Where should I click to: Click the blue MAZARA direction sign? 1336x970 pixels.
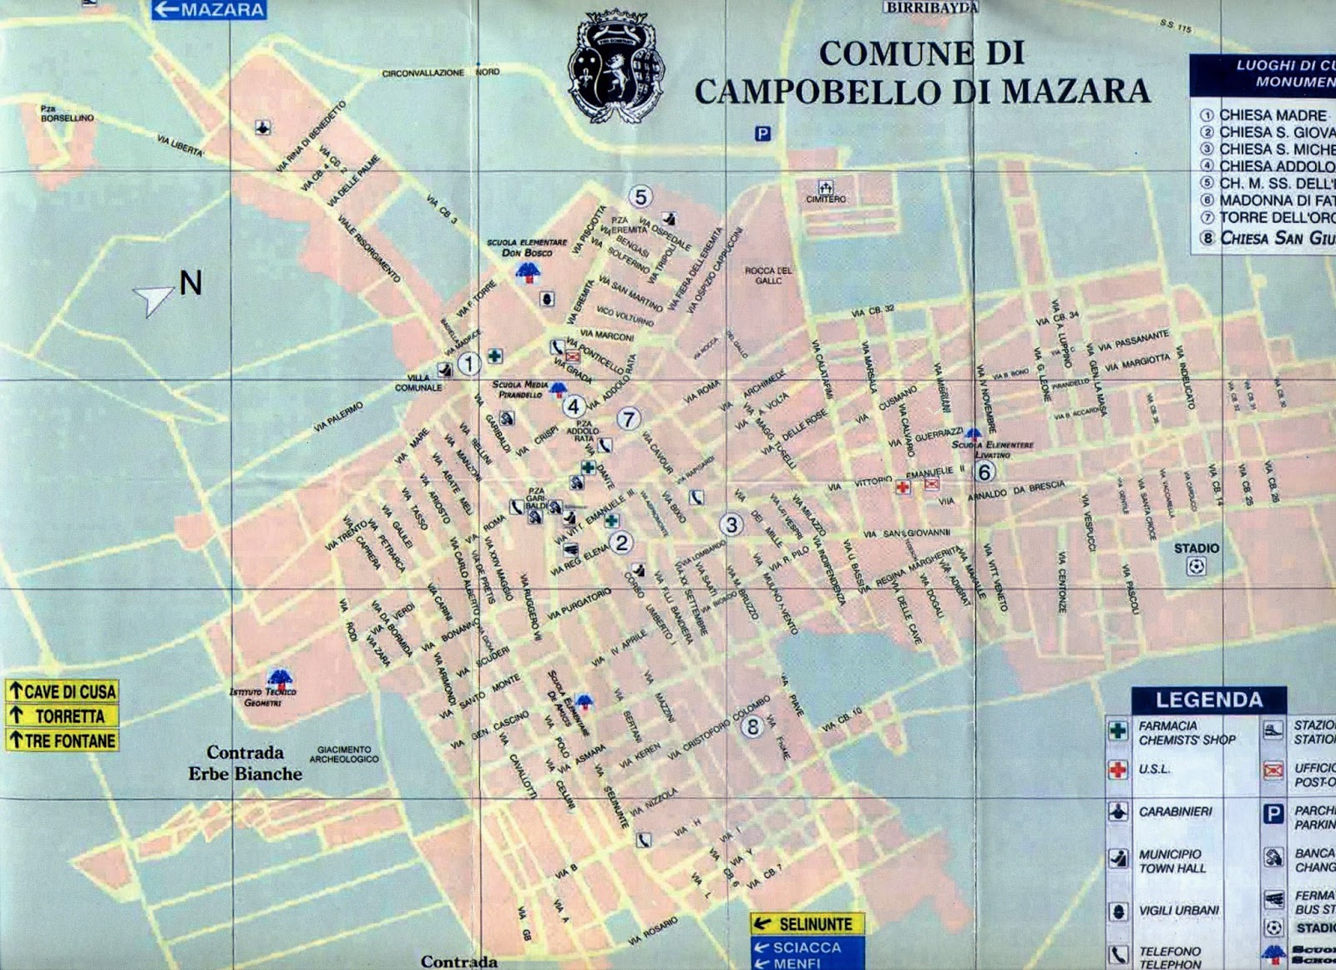(209, 10)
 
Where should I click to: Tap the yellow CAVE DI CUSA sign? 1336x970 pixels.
(62, 691)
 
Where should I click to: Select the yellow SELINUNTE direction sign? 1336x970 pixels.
(807, 924)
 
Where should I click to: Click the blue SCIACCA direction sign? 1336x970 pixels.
(807, 947)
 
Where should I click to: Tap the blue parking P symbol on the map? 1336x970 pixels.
(762, 134)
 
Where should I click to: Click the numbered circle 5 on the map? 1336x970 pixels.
(640, 197)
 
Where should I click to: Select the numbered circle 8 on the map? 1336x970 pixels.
(752, 727)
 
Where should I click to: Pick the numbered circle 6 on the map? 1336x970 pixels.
(984, 472)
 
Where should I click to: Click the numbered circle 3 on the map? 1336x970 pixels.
(731, 524)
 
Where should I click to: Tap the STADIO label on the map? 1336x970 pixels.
(1196, 548)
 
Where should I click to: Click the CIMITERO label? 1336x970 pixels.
(825, 200)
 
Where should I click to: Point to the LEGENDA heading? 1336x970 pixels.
(1208, 700)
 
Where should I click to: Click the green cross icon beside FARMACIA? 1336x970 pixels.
(1118, 730)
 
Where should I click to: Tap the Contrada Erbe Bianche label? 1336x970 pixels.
(245, 763)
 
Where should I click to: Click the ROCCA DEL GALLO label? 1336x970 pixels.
(768, 275)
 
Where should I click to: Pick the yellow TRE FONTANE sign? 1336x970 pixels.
(62, 740)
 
